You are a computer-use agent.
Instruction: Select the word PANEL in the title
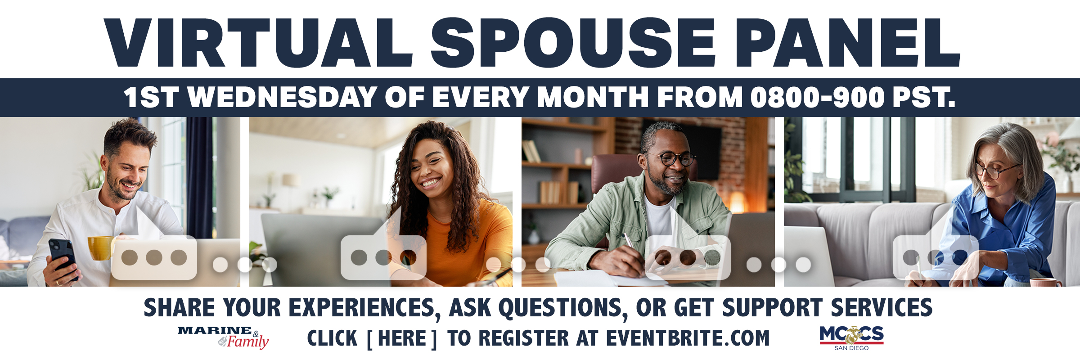(848, 43)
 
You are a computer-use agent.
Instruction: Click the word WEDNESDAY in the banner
(282, 97)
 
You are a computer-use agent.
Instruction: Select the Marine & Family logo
(224, 337)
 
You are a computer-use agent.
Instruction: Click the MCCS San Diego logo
(851, 337)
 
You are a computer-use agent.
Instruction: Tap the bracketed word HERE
(402, 339)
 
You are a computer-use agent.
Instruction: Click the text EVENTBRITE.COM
(688, 339)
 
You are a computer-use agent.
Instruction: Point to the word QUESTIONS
(562, 308)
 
